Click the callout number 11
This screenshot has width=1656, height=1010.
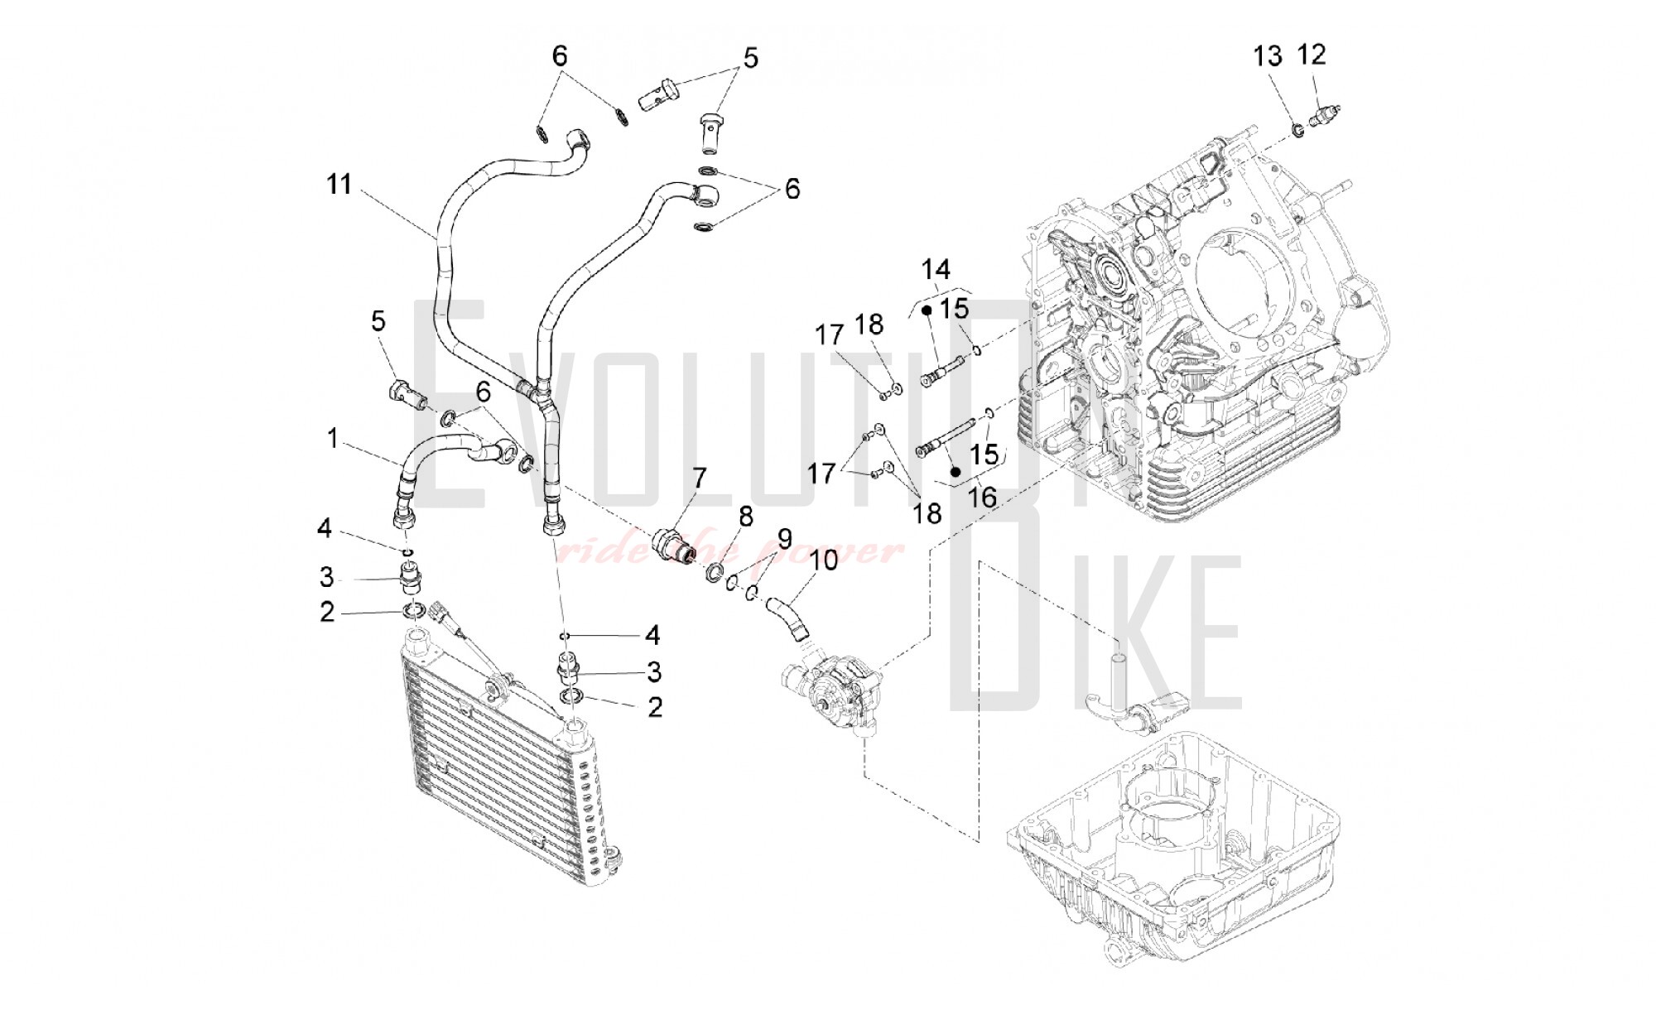click(x=339, y=184)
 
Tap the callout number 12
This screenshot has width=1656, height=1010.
click(x=1312, y=55)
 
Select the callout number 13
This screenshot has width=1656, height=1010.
click(x=1268, y=56)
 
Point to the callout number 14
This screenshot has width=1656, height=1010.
click(x=936, y=269)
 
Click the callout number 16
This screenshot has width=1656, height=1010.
click(x=983, y=497)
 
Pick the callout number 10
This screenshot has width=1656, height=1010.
click(x=824, y=560)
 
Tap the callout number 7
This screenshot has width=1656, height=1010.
click(x=700, y=478)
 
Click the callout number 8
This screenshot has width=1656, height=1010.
click(x=746, y=517)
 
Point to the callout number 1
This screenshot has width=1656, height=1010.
click(x=332, y=438)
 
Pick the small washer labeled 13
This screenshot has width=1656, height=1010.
click(x=1297, y=129)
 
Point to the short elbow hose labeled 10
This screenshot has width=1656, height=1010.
click(x=789, y=620)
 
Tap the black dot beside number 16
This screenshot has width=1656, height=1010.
click(x=955, y=472)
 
